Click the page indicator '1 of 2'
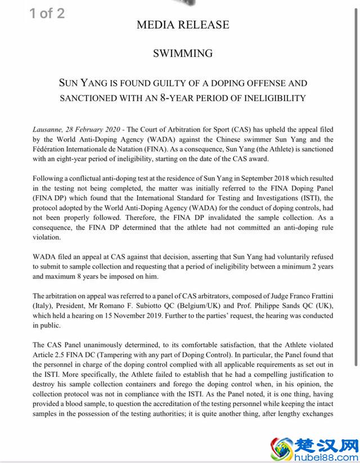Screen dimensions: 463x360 pos(47,14)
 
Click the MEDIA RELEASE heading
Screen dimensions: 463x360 pos(183,25)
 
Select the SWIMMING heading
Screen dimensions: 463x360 pos(183,53)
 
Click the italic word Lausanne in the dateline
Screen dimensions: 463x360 pos(49,129)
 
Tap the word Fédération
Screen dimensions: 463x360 pos(52,149)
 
